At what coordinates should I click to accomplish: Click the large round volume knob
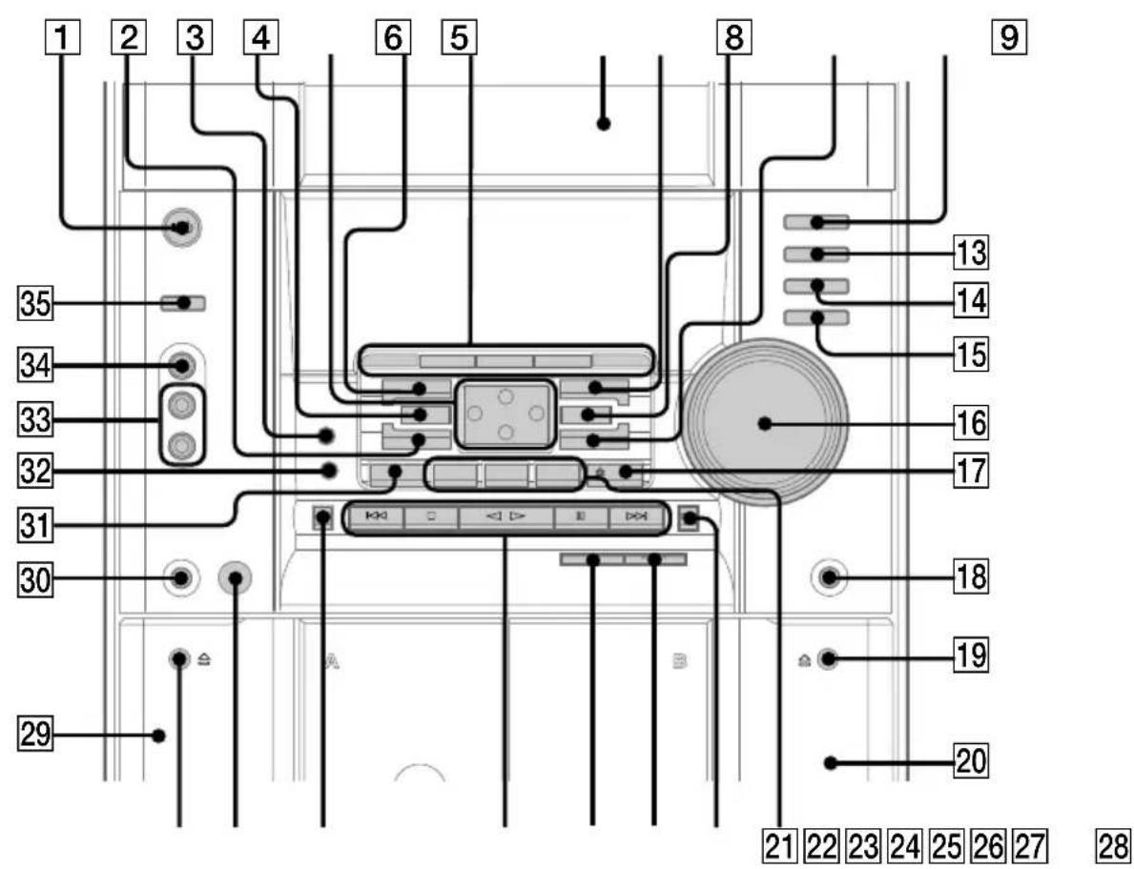pos(766,423)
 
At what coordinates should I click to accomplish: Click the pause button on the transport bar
pos(581,517)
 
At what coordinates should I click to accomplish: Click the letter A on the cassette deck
pos(330,660)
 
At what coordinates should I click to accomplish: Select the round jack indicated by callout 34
pos(180,366)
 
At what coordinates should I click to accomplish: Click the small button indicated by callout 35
pos(183,303)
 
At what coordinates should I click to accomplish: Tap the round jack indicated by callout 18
pos(828,577)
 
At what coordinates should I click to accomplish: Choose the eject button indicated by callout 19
pos(829,658)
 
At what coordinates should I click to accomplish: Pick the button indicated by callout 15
pos(815,317)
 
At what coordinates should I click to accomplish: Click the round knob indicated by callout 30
pos(180,577)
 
